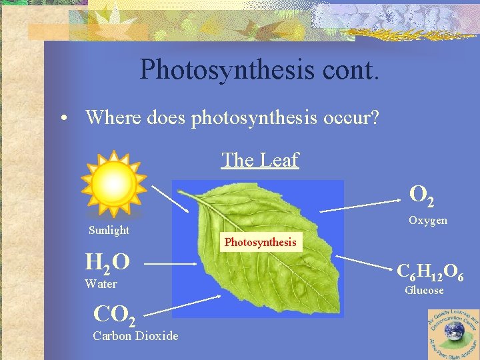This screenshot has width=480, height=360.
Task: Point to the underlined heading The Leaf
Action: (x=260, y=160)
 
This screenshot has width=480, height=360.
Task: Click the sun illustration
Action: (x=113, y=183)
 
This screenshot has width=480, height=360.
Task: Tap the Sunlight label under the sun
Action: (x=109, y=230)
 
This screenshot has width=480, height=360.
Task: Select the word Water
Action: (x=101, y=284)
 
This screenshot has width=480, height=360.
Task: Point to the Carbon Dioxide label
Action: (x=135, y=335)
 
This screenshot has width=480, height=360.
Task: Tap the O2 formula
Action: (x=423, y=195)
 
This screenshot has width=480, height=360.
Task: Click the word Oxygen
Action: (x=428, y=220)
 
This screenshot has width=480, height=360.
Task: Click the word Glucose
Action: (x=425, y=290)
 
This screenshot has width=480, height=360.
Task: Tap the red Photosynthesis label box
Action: (x=260, y=242)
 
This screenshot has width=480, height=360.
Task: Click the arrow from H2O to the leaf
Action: (x=171, y=263)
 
